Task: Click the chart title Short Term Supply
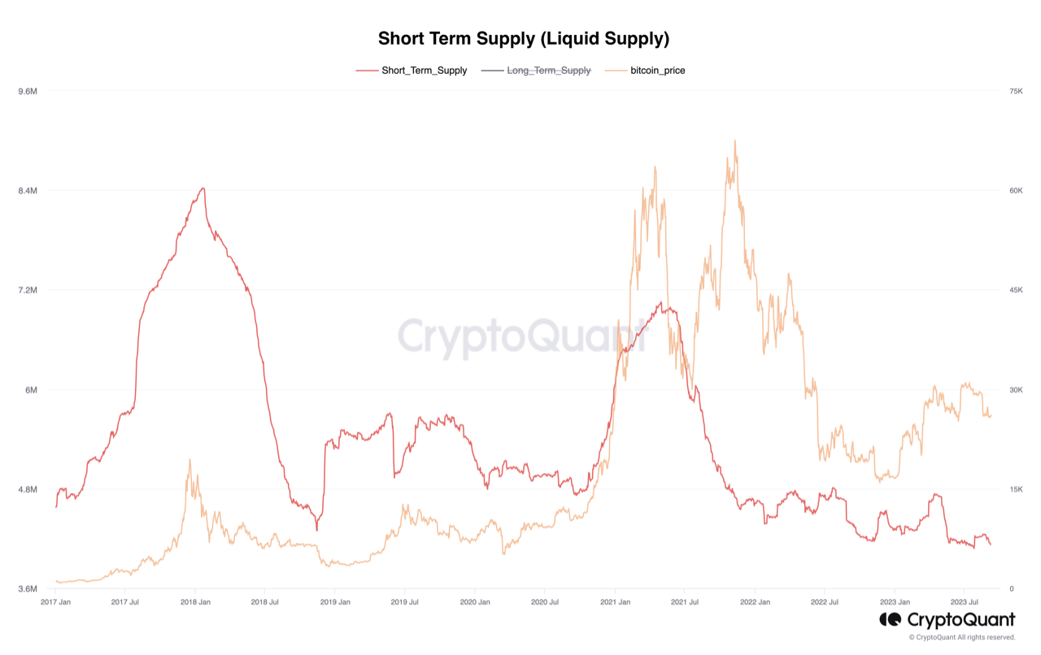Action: (523, 38)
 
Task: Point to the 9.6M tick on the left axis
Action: (28, 91)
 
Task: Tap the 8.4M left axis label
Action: (28, 191)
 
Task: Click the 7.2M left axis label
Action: (28, 290)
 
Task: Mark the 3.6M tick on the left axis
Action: (28, 589)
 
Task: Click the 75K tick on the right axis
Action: (1016, 91)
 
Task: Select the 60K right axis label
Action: (1016, 191)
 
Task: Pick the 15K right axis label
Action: (1016, 489)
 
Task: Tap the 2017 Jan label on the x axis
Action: (55, 602)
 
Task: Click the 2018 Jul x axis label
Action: (265, 602)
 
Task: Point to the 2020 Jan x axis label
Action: (475, 602)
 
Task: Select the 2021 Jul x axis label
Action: (684, 602)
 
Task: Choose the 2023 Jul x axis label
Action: (964, 602)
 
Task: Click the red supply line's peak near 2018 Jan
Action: (203, 189)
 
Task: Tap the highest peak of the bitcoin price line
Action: (734, 141)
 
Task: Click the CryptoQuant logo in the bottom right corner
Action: (947, 620)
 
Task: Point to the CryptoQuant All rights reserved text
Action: (962, 637)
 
